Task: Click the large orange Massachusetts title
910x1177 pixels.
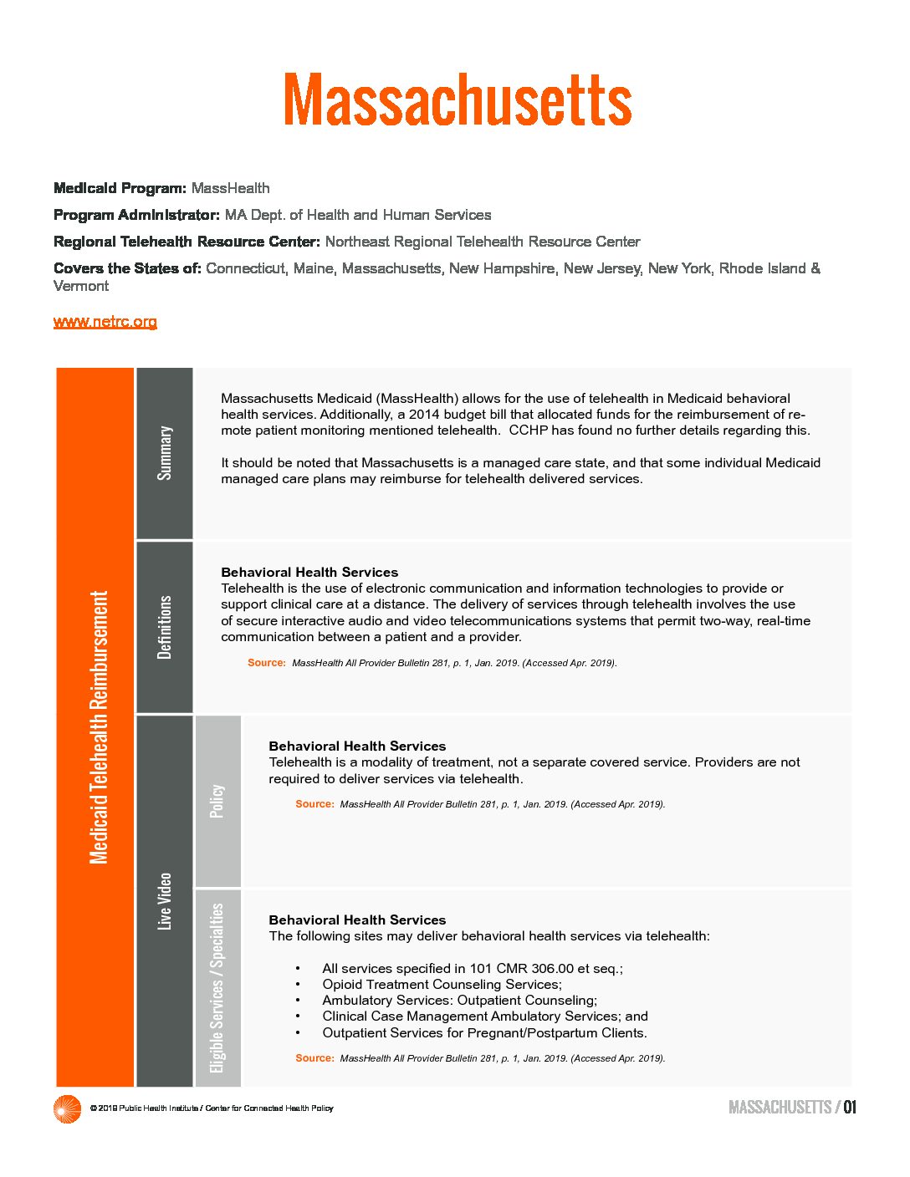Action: pyautogui.click(x=457, y=99)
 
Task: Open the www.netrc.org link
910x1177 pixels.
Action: pyautogui.click(x=105, y=322)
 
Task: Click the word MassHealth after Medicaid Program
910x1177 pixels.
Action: pyautogui.click(x=230, y=188)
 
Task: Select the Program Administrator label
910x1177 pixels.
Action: pyautogui.click(x=136, y=215)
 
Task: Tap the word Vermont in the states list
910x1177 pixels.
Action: pyautogui.click(x=81, y=286)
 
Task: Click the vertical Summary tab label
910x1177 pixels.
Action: pyautogui.click(x=165, y=453)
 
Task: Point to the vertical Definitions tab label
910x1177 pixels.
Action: pyautogui.click(x=165, y=627)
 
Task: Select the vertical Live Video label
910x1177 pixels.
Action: pyautogui.click(x=165, y=901)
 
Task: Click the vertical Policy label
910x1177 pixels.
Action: pyautogui.click(x=217, y=801)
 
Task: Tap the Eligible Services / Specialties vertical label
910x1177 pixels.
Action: pyautogui.click(x=217, y=988)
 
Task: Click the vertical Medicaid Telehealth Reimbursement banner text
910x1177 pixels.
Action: pyautogui.click(x=99, y=727)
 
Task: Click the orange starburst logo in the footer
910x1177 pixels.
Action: pyautogui.click(x=67, y=1108)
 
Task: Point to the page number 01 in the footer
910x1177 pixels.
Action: pyautogui.click(x=850, y=1108)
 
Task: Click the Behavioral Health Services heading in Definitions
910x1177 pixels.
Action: pyautogui.click(x=309, y=573)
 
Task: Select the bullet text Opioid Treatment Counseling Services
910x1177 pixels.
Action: pyautogui.click(x=442, y=985)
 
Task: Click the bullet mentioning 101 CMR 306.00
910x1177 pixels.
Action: pyautogui.click(x=472, y=969)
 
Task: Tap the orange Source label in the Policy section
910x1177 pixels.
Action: pyautogui.click(x=314, y=804)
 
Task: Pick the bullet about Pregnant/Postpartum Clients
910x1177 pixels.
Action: pyautogui.click(x=484, y=1033)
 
